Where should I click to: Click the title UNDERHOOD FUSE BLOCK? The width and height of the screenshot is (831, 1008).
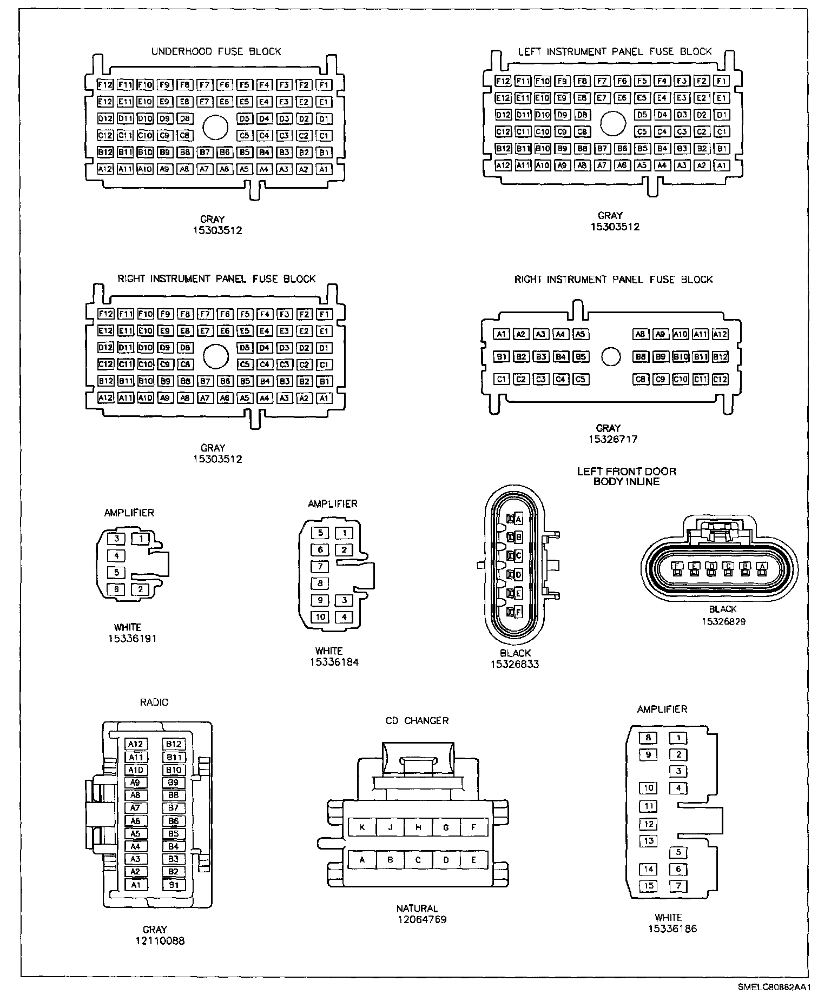coord(216,51)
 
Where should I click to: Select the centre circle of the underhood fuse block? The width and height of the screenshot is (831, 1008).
coord(215,128)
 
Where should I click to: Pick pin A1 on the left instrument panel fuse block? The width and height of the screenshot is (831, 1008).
coord(721,165)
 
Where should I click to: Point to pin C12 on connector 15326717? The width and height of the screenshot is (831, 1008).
coord(720,380)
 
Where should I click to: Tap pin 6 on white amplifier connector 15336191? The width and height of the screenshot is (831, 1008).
coord(116,589)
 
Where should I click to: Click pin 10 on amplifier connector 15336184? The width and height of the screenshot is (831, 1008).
coord(321,617)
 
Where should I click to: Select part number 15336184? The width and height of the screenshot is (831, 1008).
coord(334,662)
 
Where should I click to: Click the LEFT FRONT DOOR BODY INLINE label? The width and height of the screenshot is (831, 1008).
coord(626,476)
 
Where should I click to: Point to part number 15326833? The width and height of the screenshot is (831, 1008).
coord(515,664)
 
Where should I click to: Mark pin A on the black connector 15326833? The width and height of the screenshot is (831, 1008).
coord(518,519)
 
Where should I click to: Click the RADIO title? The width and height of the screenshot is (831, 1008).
coord(154,702)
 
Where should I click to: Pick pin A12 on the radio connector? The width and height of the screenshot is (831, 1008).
coord(135,744)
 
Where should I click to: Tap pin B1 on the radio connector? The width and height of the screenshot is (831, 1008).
coord(174,885)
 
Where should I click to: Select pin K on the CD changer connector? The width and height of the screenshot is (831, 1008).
coord(362,827)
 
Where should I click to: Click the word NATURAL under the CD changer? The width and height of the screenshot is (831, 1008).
coord(417,908)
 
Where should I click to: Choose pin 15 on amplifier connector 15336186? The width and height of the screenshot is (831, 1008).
coord(648,886)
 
